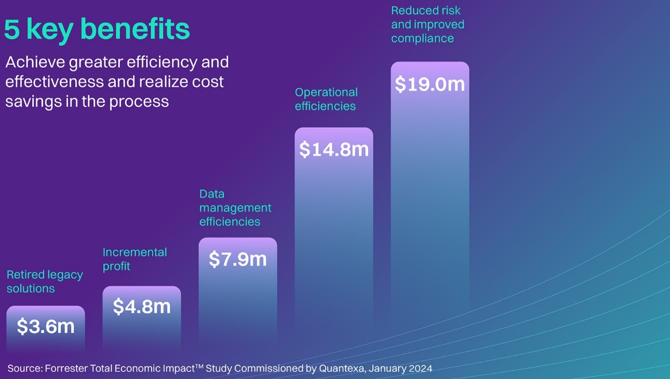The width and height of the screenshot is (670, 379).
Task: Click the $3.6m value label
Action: coord(46,327)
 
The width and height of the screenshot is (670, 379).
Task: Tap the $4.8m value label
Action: coord(142,307)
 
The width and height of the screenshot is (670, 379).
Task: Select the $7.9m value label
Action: coord(238,259)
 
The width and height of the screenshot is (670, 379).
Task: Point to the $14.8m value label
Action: coord(334,150)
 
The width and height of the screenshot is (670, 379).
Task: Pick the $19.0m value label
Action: coord(430,84)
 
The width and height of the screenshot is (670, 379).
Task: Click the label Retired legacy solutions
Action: coord(44,282)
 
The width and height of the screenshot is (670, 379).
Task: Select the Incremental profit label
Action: coord(134,259)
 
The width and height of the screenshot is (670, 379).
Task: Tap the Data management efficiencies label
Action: coord(235,208)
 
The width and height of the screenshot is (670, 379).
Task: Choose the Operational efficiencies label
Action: coord(326,99)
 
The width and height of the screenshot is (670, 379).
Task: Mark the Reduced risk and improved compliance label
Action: coord(427,24)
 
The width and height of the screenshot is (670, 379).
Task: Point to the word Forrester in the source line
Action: coord(66,368)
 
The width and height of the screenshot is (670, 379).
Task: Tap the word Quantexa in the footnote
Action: coord(340,368)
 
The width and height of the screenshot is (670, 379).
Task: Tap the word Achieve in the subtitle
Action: coord(32,62)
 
